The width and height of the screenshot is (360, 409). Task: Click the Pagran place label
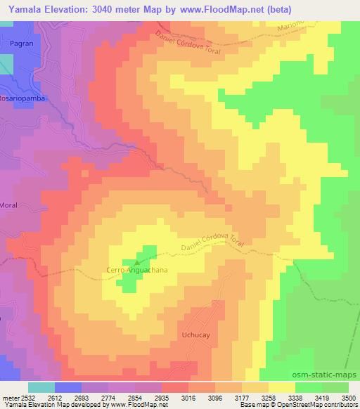click(22, 43)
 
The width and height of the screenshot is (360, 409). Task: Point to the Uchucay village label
click(196, 337)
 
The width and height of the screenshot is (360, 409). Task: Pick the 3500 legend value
click(349, 397)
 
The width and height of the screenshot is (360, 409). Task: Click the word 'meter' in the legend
click(7, 397)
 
